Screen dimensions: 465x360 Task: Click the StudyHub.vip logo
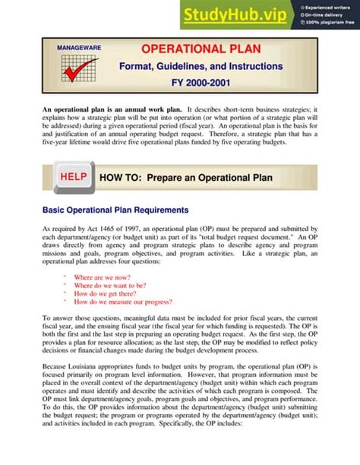(x=237, y=14)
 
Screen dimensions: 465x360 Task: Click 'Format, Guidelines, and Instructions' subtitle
(x=201, y=67)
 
